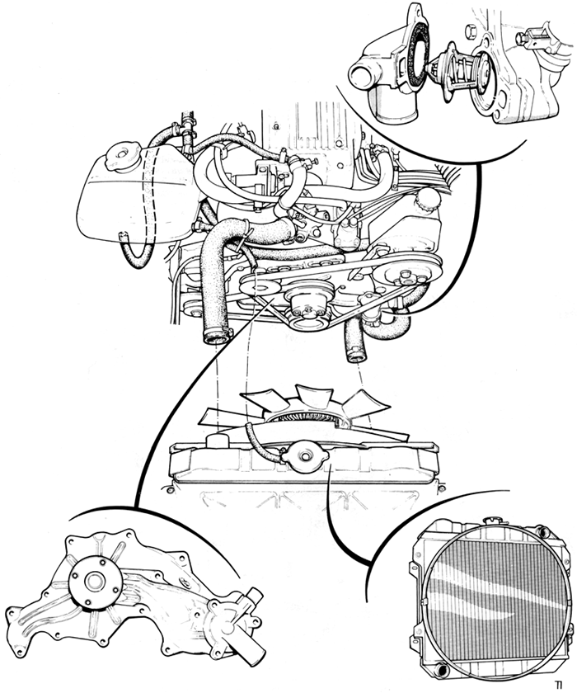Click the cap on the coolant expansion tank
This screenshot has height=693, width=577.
[x=122, y=156]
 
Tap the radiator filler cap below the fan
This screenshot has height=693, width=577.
[x=305, y=456]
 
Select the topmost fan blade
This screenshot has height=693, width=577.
[x=314, y=394]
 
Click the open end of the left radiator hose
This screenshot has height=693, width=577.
[x=216, y=339]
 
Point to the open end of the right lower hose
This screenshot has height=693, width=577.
[x=356, y=355]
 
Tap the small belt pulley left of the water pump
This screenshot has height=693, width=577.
[x=260, y=288]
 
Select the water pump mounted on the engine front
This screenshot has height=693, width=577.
[x=308, y=305]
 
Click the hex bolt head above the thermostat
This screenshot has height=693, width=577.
[x=471, y=31]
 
